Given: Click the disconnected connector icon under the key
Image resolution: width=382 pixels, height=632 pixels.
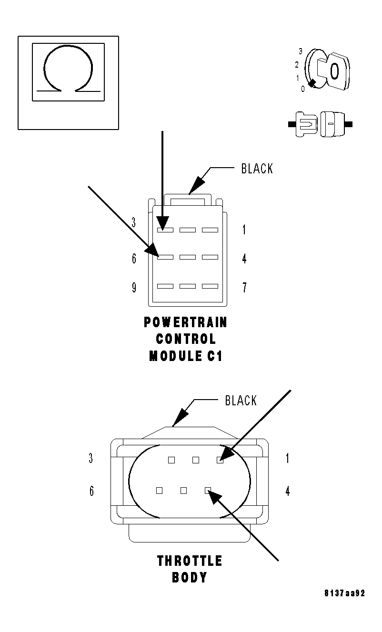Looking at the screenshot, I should point(320,125).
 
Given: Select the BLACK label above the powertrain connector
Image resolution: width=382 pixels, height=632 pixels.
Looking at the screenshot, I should point(257,169).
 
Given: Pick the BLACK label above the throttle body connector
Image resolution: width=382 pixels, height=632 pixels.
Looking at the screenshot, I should point(241,401).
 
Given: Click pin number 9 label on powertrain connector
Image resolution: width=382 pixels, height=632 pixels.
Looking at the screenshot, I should point(135,288).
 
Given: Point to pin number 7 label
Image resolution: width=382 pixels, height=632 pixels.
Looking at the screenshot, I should point(244,288).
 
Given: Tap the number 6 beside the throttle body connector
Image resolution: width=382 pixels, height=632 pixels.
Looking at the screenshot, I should point(92,491).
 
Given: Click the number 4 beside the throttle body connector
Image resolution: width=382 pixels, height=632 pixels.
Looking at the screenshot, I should point(288,491).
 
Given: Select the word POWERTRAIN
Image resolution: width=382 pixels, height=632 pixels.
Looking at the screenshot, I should point(185,322).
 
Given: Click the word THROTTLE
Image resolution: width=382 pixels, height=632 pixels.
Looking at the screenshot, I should point(190,561).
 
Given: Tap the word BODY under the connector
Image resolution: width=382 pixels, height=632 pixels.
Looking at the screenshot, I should point(189,578).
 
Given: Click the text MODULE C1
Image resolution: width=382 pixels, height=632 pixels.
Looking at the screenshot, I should point(185,356).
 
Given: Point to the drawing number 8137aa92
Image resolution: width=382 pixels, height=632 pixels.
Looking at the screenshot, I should point(345,593).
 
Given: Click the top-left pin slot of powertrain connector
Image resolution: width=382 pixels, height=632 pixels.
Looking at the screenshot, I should point(165,230).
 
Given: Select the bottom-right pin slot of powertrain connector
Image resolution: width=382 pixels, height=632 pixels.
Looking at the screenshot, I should point(210,286).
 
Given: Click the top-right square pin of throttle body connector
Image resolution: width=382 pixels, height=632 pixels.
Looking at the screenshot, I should point(220,460).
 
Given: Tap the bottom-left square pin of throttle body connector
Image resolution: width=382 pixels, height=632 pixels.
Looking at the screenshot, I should point(160,490).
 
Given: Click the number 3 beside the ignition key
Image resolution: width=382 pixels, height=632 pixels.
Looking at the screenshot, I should point(301,51).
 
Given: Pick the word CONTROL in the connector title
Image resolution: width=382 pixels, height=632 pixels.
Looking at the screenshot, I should point(185,339).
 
